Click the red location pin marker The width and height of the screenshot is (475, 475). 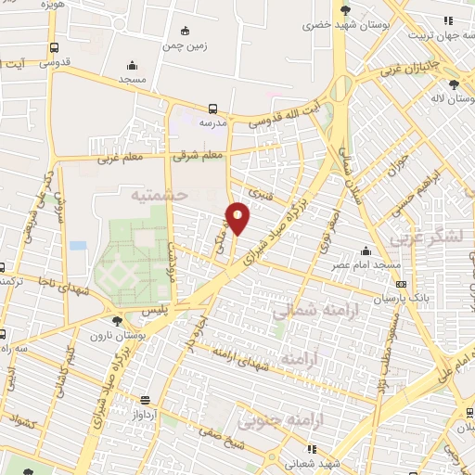point(237,217)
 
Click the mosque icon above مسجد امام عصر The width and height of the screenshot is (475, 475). point(366,250)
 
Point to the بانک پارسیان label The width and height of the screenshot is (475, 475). point(378,299)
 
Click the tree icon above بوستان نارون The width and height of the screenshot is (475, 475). point(115,321)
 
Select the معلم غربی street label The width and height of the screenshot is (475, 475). point(121,158)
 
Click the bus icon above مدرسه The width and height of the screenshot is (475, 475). point(213,109)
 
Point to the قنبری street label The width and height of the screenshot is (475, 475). point(266,196)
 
